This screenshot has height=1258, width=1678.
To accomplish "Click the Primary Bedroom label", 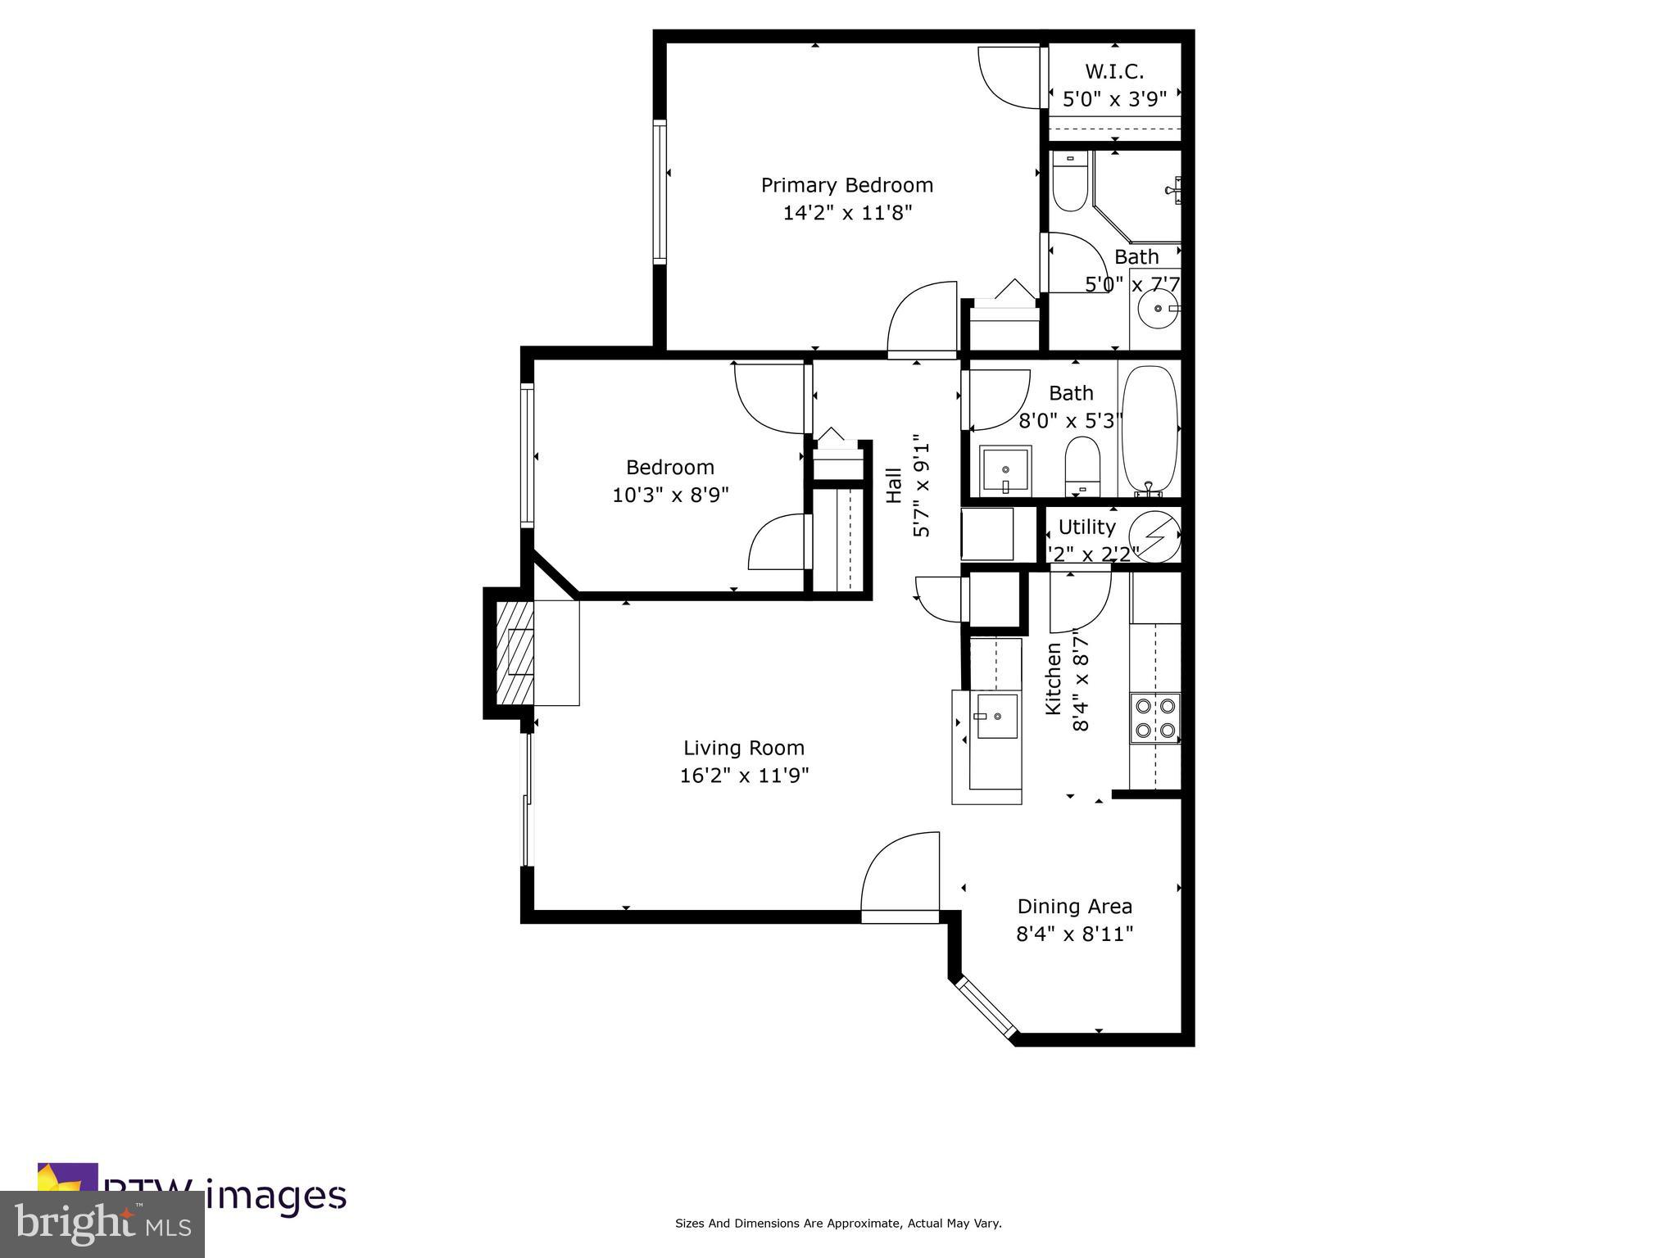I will tap(846, 185).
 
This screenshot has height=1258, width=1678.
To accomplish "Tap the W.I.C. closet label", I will tap(1114, 71).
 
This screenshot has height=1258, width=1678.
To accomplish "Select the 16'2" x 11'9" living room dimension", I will tap(744, 775).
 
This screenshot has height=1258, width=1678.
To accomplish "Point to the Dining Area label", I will tap(1074, 907).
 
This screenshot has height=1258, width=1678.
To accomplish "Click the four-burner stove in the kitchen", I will tap(1154, 717).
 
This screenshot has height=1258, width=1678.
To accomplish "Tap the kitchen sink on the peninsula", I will tap(997, 716).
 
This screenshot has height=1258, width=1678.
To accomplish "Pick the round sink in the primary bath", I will tap(1158, 309).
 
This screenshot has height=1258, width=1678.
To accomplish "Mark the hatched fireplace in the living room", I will tap(513, 652).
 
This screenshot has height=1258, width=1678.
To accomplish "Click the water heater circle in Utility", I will tap(1154, 536).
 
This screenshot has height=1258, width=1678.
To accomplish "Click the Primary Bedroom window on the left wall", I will tap(659, 192).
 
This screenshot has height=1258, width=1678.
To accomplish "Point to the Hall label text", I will tap(893, 485).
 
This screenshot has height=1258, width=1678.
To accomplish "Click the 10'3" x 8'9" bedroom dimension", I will tap(670, 495).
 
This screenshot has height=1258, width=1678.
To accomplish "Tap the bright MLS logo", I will tap(102, 1224).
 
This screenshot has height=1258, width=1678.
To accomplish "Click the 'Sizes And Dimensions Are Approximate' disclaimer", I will tap(837, 1224).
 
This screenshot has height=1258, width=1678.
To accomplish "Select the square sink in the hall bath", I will tap(1005, 470).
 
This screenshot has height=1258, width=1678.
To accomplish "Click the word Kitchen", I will tap(1053, 678).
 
